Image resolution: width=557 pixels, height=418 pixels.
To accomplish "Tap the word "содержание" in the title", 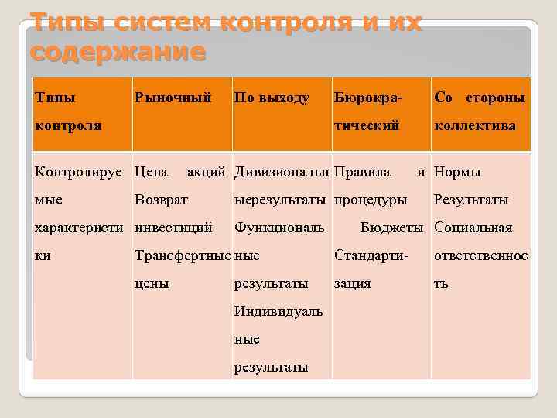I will pyautogui.click(x=118, y=52).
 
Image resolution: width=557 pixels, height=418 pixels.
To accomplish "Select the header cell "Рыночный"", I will pyautogui.click(x=173, y=98).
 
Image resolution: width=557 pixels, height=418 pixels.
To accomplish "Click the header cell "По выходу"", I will pyautogui.click(x=272, y=98).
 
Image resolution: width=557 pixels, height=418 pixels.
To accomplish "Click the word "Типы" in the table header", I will pyautogui.click(x=56, y=98).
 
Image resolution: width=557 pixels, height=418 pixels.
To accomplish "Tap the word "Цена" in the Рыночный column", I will pyautogui.click(x=152, y=172).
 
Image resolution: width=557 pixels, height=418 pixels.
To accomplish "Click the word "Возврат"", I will pyautogui.click(x=161, y=200).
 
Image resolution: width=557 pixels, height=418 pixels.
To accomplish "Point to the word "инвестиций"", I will pyautogui.click(x=174, y=228).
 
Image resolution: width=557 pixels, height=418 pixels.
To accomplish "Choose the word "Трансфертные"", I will pyautogui.click(x=183, y=255).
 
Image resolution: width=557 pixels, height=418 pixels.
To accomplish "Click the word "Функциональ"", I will pyautogui.click(x=279, y=228).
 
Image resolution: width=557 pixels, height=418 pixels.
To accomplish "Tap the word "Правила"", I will pyautogui.click(x=362, y=172).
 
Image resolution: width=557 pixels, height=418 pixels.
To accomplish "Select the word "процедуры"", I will pyautogui.click(x=371, y=200).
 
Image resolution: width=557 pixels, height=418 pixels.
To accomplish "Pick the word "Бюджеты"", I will pyautogui.click(x=391, y=228).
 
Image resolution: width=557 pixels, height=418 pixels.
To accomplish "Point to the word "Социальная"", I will pyautogui.click(x=473, y=228).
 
